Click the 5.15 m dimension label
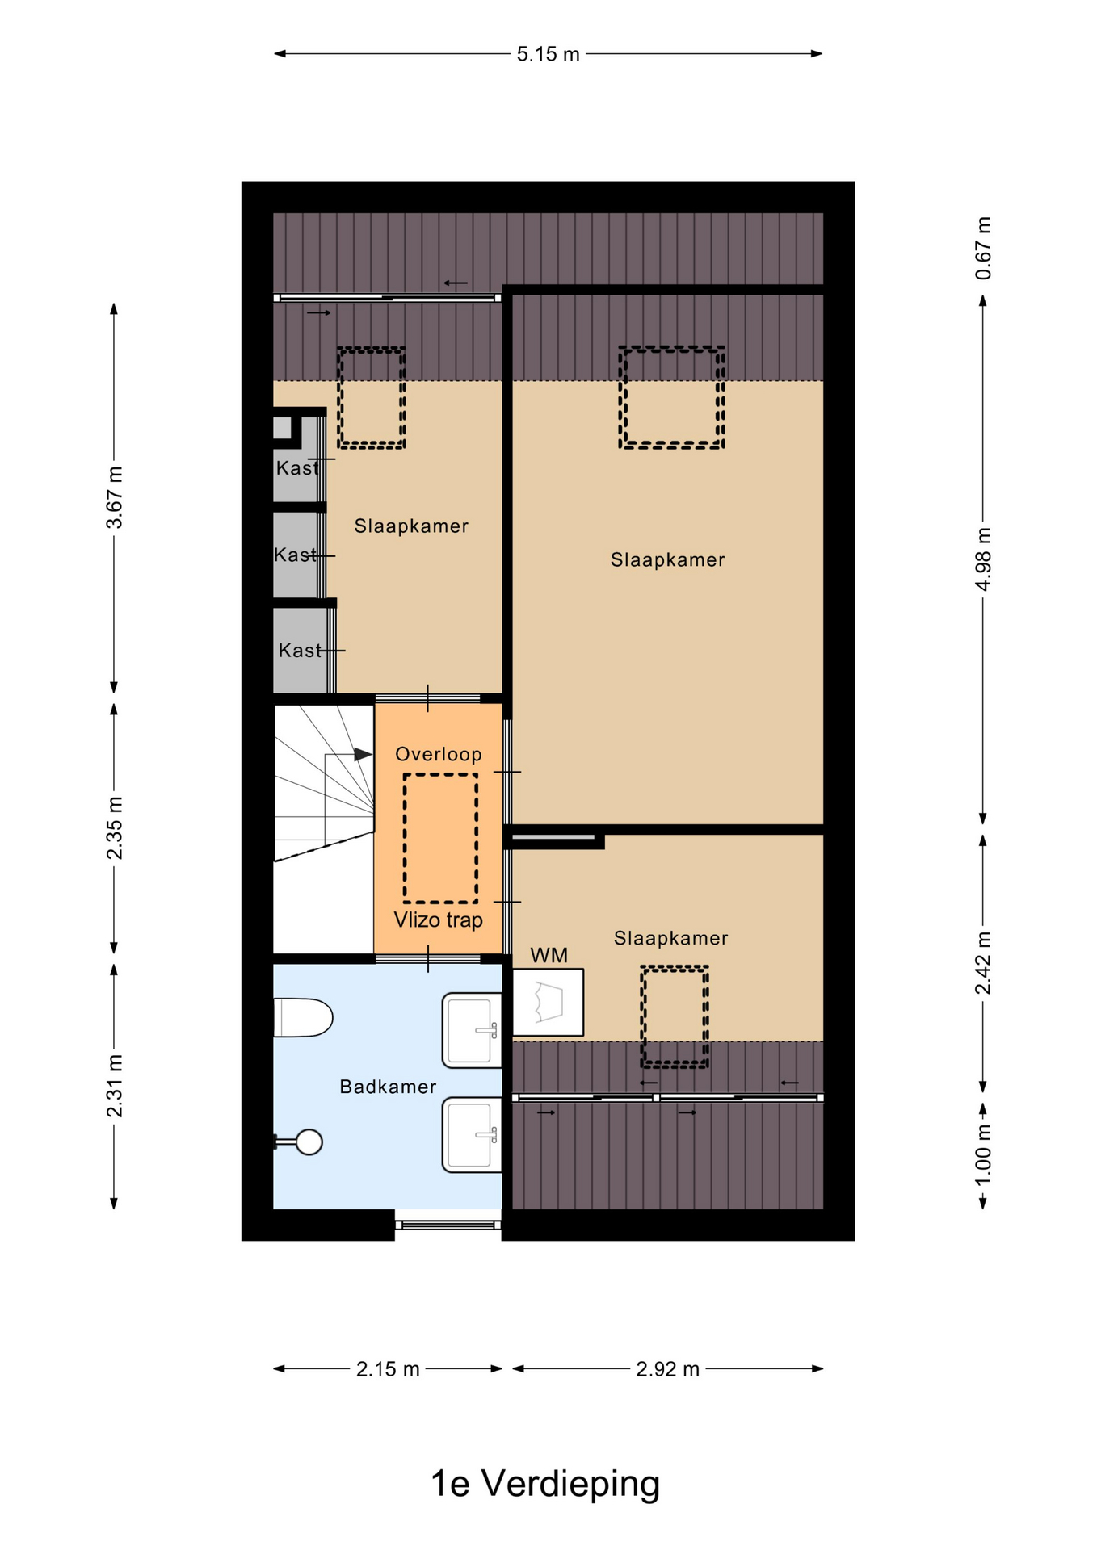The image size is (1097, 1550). coord(548,54)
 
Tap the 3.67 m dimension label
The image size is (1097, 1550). coord(116,497)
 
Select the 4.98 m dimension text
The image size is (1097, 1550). coord(983,559)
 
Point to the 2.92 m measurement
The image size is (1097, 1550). coord(667,1369)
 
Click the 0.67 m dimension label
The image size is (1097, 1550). coord(983,248)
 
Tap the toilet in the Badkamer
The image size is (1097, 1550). coord(303,1017)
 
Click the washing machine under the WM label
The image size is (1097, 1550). coord(548,1002)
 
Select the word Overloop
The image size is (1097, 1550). coord(439,754)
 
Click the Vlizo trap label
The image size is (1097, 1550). coord(439,920)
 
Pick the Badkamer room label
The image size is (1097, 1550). coord(388,1087)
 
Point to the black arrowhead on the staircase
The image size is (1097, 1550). coord(363,754)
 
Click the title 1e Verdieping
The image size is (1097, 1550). coord(545,1483)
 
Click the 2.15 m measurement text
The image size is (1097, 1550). coord(388,1369)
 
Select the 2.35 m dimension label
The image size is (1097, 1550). coord(116,827)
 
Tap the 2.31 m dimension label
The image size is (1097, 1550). coord(116,1086)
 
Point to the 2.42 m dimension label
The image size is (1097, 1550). coord(983,963)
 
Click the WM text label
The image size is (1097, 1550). coord(548,956)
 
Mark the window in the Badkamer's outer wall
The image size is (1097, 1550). coord(448,1225)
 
